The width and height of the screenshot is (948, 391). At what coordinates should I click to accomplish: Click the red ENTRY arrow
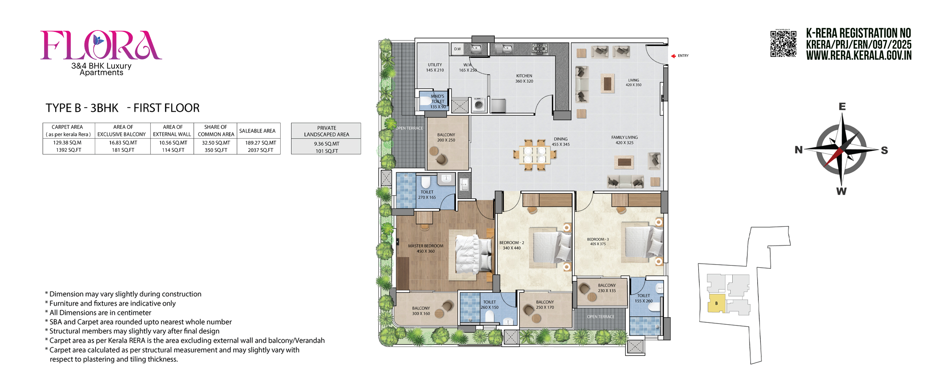click(x=673, y=56)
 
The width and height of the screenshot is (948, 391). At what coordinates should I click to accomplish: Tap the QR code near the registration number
click(x=783, y=44)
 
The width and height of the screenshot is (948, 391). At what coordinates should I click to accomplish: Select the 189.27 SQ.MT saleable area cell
click(x=260, y=146)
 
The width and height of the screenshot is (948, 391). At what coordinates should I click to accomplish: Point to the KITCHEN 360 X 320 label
click(x=524, y=79)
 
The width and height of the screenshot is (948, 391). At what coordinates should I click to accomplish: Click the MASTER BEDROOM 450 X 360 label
click(x=425, y=248)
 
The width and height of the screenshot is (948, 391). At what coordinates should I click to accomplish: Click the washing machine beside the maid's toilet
click(x=479, y=105)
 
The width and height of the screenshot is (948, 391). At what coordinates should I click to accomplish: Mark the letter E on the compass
click(x=842, y=107)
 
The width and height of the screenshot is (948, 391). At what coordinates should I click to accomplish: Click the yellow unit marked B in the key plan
click(x=716, y=303)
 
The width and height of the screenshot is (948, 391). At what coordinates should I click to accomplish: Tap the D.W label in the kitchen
click(x=458, y=49)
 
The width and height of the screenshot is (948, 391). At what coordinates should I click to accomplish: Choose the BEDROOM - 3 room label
click(x=598, y=242)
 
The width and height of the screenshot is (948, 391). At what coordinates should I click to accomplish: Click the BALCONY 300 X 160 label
click(x=421, y=311)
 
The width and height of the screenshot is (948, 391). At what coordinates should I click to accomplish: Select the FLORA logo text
click(x=101, y=45)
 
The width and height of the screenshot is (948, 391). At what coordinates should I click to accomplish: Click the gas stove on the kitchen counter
click(x=540, y=49)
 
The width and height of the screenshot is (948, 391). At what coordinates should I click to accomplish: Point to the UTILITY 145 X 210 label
click(x=435, y=67)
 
